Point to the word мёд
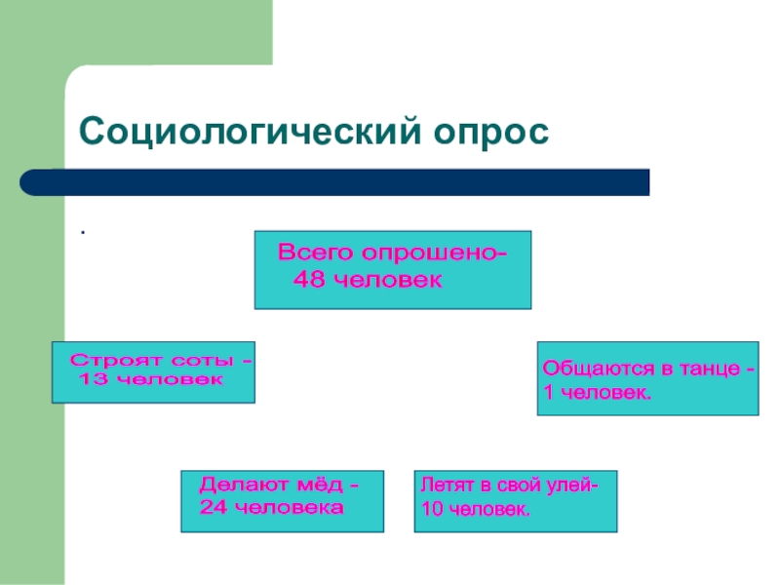319,485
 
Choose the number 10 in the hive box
431,510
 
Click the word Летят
444,484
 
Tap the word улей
571,484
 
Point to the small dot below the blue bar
83,233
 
